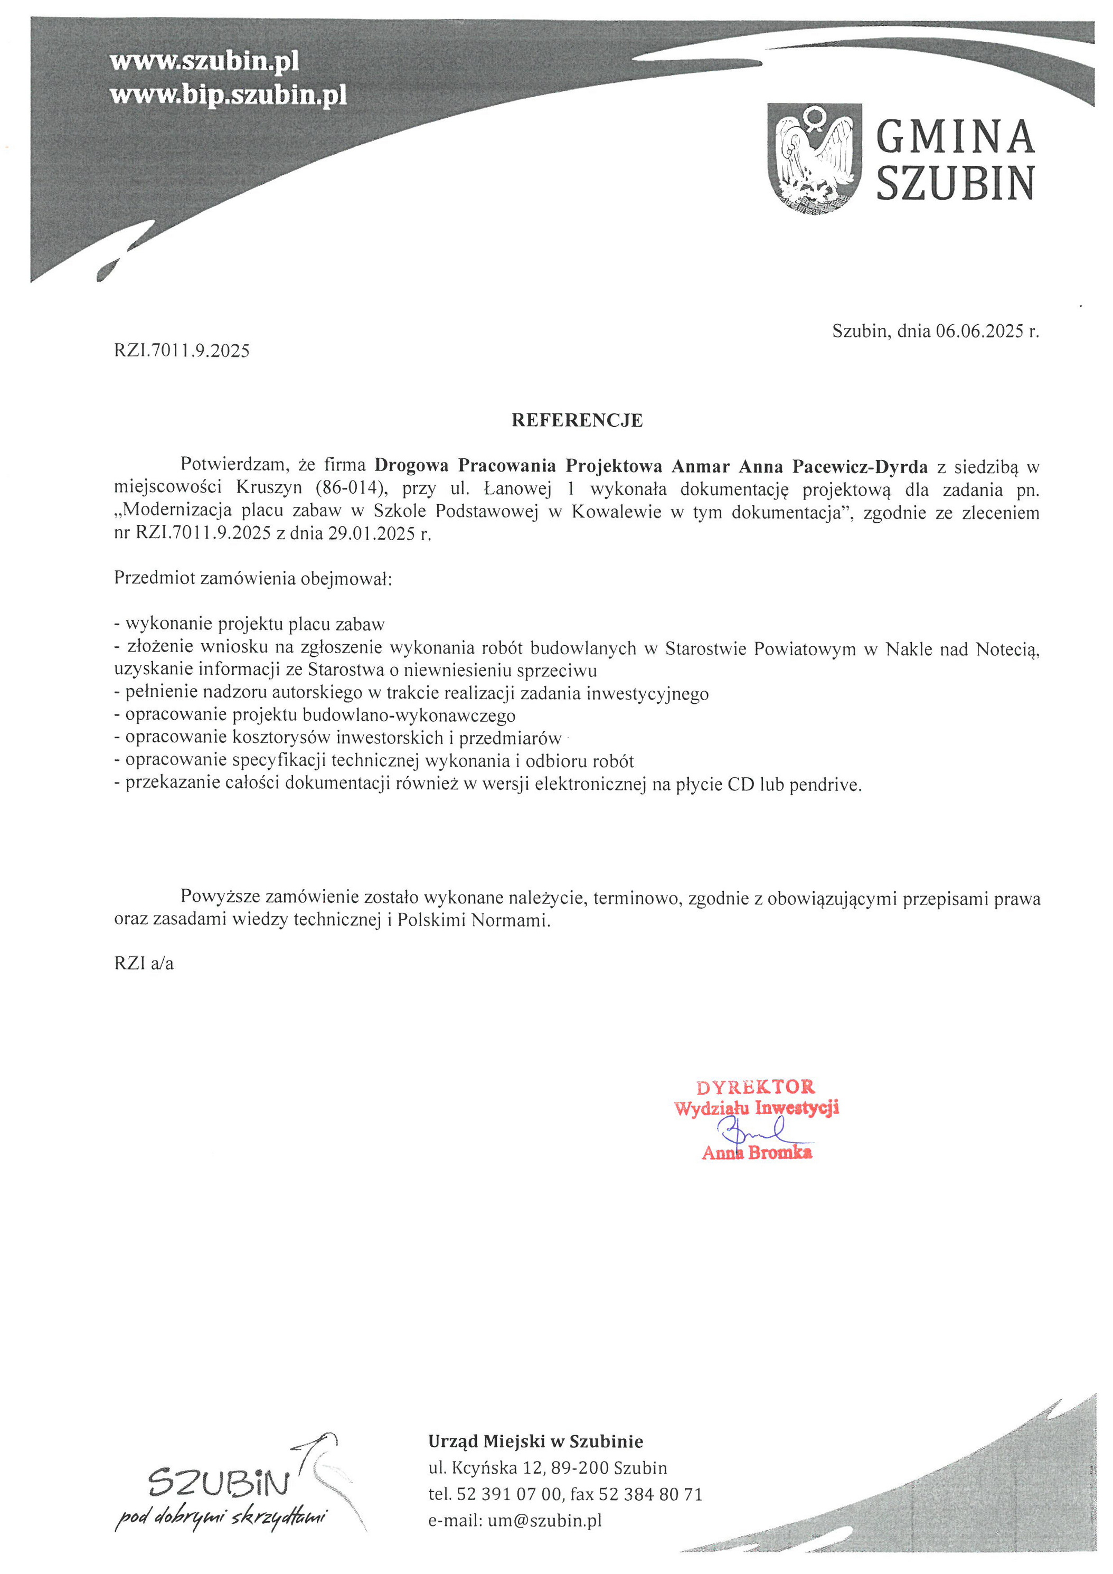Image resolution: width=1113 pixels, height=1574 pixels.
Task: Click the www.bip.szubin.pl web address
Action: tap(228, 95)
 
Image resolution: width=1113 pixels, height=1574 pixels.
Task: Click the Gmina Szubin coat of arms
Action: tap(814, 158)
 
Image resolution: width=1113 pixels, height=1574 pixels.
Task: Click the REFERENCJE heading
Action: tap(577, 420)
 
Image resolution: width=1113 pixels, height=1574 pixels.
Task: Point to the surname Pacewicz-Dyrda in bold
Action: tap(860, 467)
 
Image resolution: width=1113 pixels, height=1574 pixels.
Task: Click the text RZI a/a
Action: tap(144, 963)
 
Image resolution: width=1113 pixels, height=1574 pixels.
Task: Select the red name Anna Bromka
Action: tap(757, 1153)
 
